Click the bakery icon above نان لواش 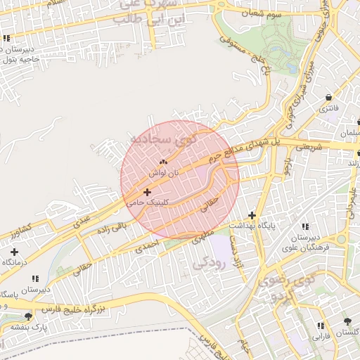[164, 162]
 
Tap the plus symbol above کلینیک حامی [147, 192]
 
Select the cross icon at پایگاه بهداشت [252, 215]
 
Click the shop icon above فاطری [328, 97]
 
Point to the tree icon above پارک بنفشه [27, 317]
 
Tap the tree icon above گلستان [347, 321]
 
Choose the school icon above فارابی [321, 326]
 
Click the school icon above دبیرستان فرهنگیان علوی [304, 226]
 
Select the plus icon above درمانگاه [15, 251]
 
